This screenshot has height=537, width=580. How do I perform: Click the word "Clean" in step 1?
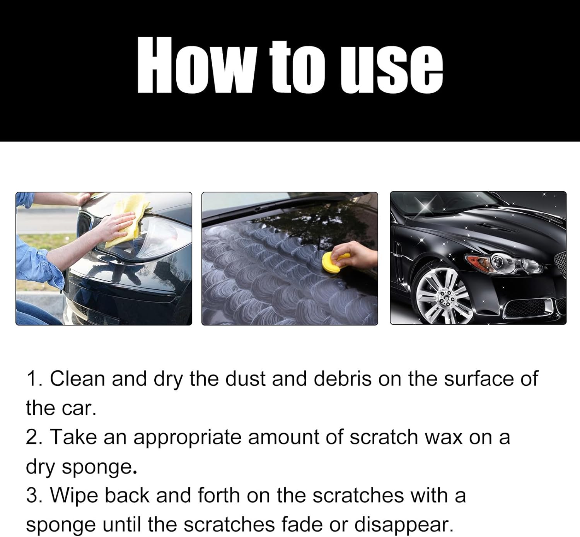click(x=77, y=378)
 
